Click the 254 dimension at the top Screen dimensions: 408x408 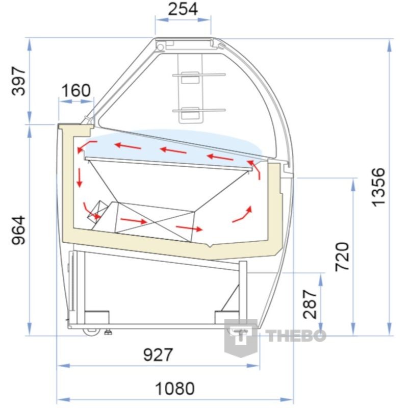(x=183, y=9)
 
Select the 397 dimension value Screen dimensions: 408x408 (x=19, y=81)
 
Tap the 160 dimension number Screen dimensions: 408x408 (x=76, y=90)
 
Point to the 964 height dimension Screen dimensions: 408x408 (x=19, y=230)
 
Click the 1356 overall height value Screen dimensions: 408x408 (x=378, y=187)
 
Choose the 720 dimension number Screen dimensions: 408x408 (x=342, y=257)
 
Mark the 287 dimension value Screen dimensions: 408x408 (x=310, y=304)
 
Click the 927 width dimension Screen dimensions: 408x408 (x=158, y=354)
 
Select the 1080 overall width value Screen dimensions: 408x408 (x=175, y=389)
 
